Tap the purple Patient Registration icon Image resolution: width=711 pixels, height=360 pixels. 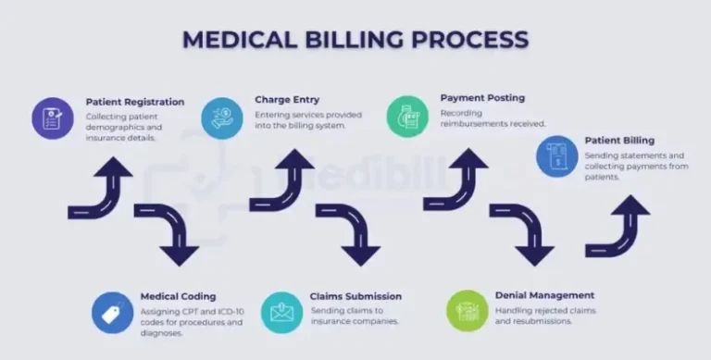[53, 118]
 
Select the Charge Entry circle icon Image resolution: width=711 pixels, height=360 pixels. [222, 118]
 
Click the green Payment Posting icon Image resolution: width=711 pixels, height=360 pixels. [407, 117]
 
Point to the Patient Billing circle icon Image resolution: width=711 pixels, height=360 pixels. [557, 155]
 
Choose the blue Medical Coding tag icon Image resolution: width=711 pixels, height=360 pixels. [112, 312]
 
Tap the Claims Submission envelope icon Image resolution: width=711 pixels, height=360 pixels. [281, 312]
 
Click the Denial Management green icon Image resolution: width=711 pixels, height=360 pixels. [467, 311]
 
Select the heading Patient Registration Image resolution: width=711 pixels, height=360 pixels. [135, 102]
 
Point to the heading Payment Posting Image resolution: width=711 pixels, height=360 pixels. [482, 98]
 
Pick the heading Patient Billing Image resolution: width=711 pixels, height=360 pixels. [619, 141]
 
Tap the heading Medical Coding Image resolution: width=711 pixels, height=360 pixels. [178, 296]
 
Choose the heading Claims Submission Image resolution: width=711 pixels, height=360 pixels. [355, 296]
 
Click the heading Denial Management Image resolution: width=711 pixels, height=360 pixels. [544, 295]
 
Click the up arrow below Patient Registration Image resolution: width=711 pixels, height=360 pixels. [104, 189]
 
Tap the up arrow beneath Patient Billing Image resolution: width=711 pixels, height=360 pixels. [620, 226]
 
